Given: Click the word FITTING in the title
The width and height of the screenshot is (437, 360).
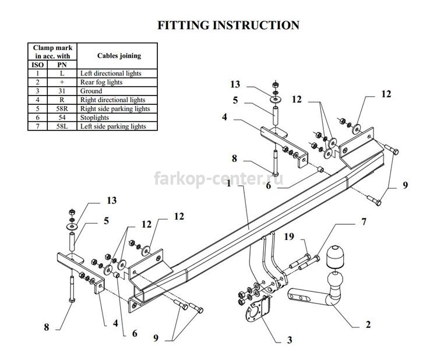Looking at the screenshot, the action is coord(183,25).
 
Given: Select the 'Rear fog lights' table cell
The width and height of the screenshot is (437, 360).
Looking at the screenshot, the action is coord(117,82).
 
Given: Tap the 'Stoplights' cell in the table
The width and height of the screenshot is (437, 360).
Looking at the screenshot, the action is coord(117,118).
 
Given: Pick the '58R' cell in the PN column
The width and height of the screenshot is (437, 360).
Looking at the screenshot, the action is coord(62,109).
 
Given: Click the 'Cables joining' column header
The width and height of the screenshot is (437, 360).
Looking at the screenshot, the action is coord(117,56).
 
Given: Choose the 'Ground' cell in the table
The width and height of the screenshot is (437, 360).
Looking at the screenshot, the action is coord(117,91).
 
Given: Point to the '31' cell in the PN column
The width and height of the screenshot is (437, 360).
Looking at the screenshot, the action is coord(62,91).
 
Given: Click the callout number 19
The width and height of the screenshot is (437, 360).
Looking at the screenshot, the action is coord(289,237).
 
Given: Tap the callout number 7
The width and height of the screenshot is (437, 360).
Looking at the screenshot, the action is coord(364,222).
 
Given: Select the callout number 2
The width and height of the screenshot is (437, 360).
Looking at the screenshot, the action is coord(368,324).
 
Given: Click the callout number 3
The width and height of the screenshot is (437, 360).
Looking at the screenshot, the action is coord(290,340).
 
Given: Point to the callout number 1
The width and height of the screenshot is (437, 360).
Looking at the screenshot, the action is coord(229,183).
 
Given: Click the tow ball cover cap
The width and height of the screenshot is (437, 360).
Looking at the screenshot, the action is coord(336,257).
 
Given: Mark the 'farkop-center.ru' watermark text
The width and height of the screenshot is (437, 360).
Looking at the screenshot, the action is coord(218,179).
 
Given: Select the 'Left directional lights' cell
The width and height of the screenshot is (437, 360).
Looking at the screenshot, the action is coord(117,73).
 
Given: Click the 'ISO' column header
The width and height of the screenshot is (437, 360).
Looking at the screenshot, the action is coord(38,65).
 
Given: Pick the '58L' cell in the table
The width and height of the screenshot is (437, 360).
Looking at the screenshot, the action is coord(62,126).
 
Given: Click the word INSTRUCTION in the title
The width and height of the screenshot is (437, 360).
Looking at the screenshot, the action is coord(256,25).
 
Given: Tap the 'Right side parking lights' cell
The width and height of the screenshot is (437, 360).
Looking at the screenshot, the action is coord(117,109).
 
